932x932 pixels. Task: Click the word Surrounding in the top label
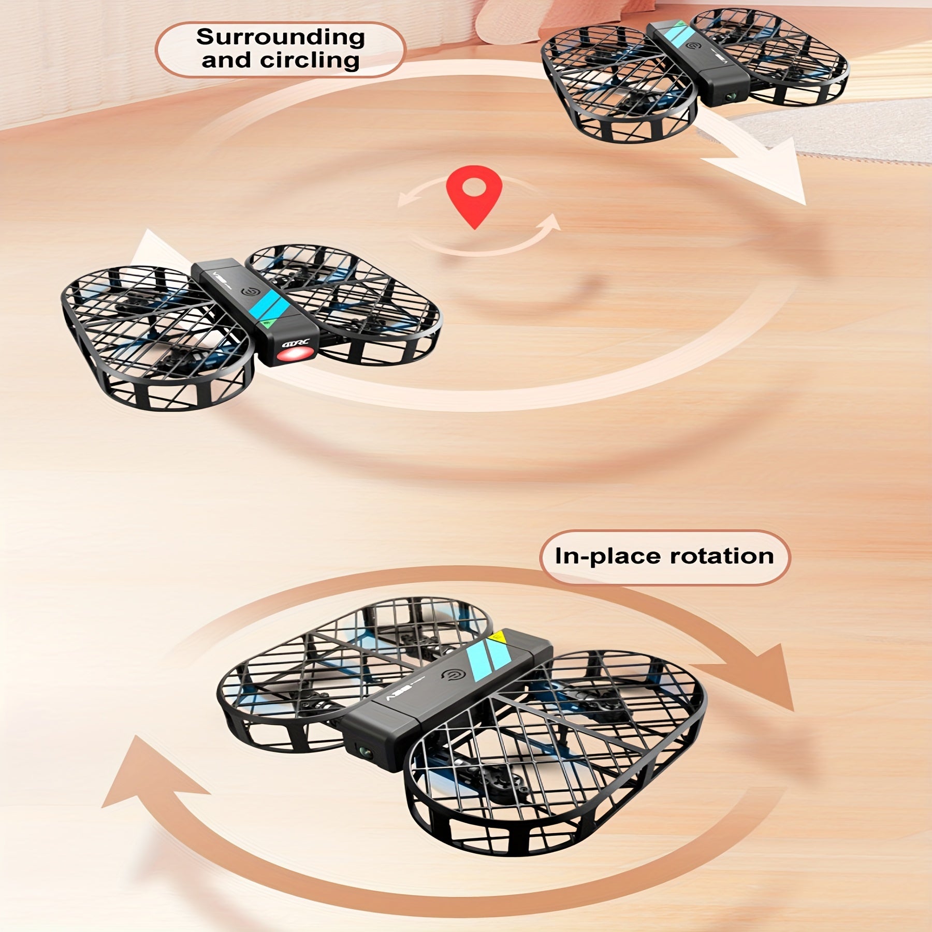tap(280, 38)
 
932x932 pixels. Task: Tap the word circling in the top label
tap(310, 61)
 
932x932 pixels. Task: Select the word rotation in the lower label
tap(722, 556)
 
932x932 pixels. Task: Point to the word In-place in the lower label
tap(609, 557)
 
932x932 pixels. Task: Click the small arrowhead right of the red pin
tap(551, 222)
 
